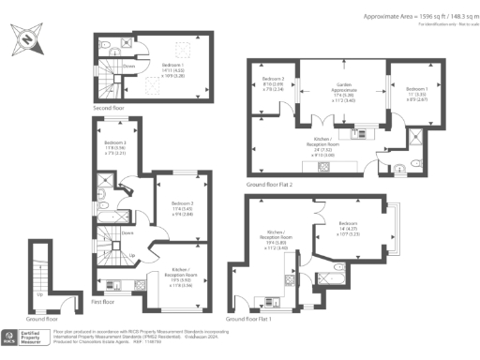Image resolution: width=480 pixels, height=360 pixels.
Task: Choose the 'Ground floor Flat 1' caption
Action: (250, 319)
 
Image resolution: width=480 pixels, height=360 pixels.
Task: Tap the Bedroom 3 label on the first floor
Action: (182, 208)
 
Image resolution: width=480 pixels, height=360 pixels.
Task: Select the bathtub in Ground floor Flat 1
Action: (335, 277)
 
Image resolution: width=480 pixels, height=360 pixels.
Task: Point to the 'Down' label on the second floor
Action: (128, 67)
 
